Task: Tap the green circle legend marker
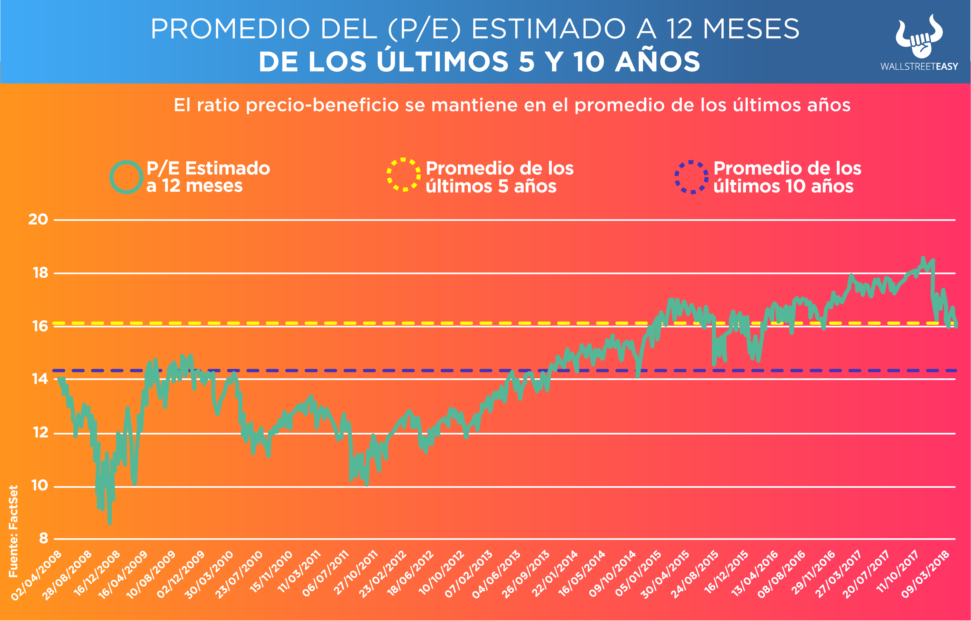point(126,177)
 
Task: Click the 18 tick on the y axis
point(40,273)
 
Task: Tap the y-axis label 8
point(43,538)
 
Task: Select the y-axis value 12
point(40,433)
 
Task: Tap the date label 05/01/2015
point(638,573)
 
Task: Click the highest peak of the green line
point(923,258)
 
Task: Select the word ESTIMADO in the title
point(549,29)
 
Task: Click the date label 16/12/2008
point(97,573)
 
